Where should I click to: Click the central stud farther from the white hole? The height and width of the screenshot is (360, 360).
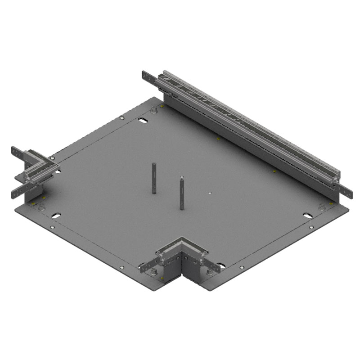click(154, 178)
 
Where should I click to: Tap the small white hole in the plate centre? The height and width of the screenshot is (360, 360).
click(210, 193)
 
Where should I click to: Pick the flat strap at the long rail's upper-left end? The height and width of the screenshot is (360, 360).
click(148, 77)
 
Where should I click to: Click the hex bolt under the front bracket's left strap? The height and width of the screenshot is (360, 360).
click(154, 272)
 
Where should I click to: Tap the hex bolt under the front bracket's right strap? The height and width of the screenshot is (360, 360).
click(209, 272)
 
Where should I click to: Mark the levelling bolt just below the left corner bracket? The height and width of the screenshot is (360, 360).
click(41, 207)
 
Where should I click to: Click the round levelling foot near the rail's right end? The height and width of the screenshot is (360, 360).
click(322, 207)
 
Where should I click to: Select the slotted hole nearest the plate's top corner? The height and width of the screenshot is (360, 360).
click(142, 121)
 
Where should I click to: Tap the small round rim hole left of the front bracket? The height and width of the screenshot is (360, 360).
click(122, 268)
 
